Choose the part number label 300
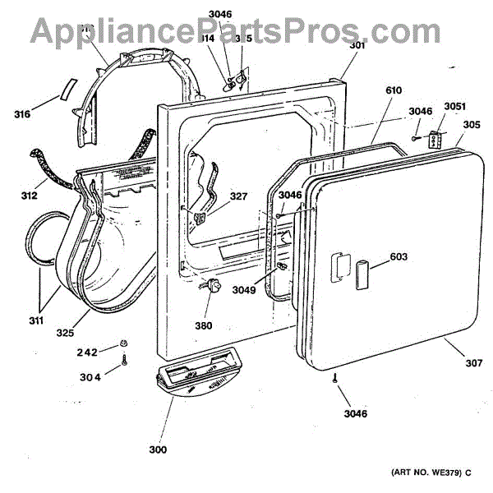pyautogui.click(x=158, y=449)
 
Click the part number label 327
pyautogui.click(x=238, y=196)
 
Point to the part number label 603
pyautogui.click(x=399, y=257)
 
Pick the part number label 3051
pyautogui.click(x=454, y=106)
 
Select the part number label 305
pyautogui.click(x=472, y=126)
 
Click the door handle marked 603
pyautogui.click(x=361, y=271)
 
